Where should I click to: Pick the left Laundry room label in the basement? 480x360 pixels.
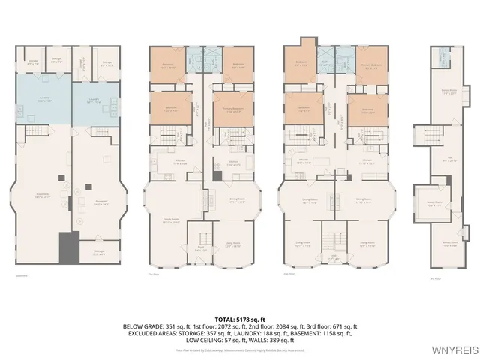pyautogui.click(x=45, y=100)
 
